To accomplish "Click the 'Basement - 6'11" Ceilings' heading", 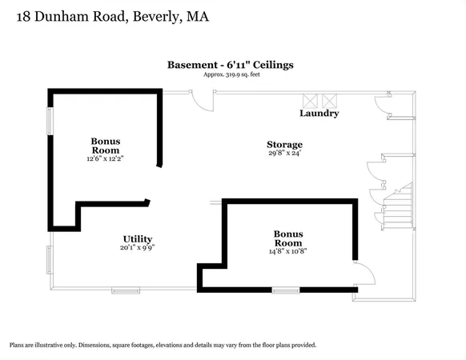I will click(231, 65).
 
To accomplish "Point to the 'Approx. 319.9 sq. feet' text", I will click(231, 74).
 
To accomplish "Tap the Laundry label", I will click(319, 114).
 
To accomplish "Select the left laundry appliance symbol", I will click(310, 100).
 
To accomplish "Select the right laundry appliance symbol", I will click(328, 100).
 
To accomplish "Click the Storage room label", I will click(284, 145).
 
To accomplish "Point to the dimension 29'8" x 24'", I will click(284, 154).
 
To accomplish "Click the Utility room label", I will click(137, 238).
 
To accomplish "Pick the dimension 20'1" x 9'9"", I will click(137, 248).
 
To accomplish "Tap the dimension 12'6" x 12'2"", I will click(105, 158).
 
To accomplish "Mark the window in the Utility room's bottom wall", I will click(125, 290).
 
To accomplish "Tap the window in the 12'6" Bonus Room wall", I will click(50, 120).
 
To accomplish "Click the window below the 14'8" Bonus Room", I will click(285, 290).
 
